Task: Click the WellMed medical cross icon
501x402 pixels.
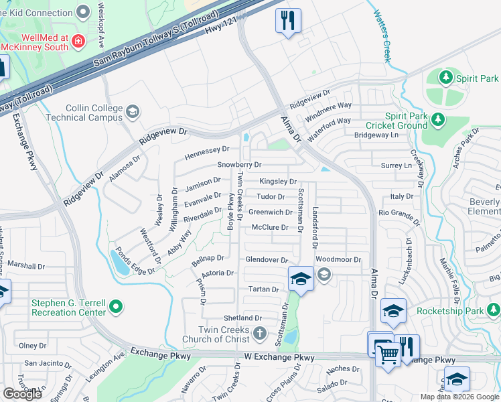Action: pos(78,42)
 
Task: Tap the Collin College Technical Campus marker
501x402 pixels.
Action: pos(132,111)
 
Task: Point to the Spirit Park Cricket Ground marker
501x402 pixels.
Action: pos(438,119)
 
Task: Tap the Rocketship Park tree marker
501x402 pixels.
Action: pos(493,310)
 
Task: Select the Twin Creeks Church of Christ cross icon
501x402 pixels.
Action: pos(259,333)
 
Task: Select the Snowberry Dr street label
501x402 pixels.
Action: pos(239,164)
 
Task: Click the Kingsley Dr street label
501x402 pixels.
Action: pos(278,182)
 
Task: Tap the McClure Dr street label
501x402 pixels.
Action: pos(269,228)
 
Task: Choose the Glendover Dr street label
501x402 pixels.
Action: pos(266,260)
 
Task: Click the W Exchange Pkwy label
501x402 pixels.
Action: pos(279,358)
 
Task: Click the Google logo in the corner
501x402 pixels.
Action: pos(22,394)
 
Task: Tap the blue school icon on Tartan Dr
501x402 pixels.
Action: pos(301,279)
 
